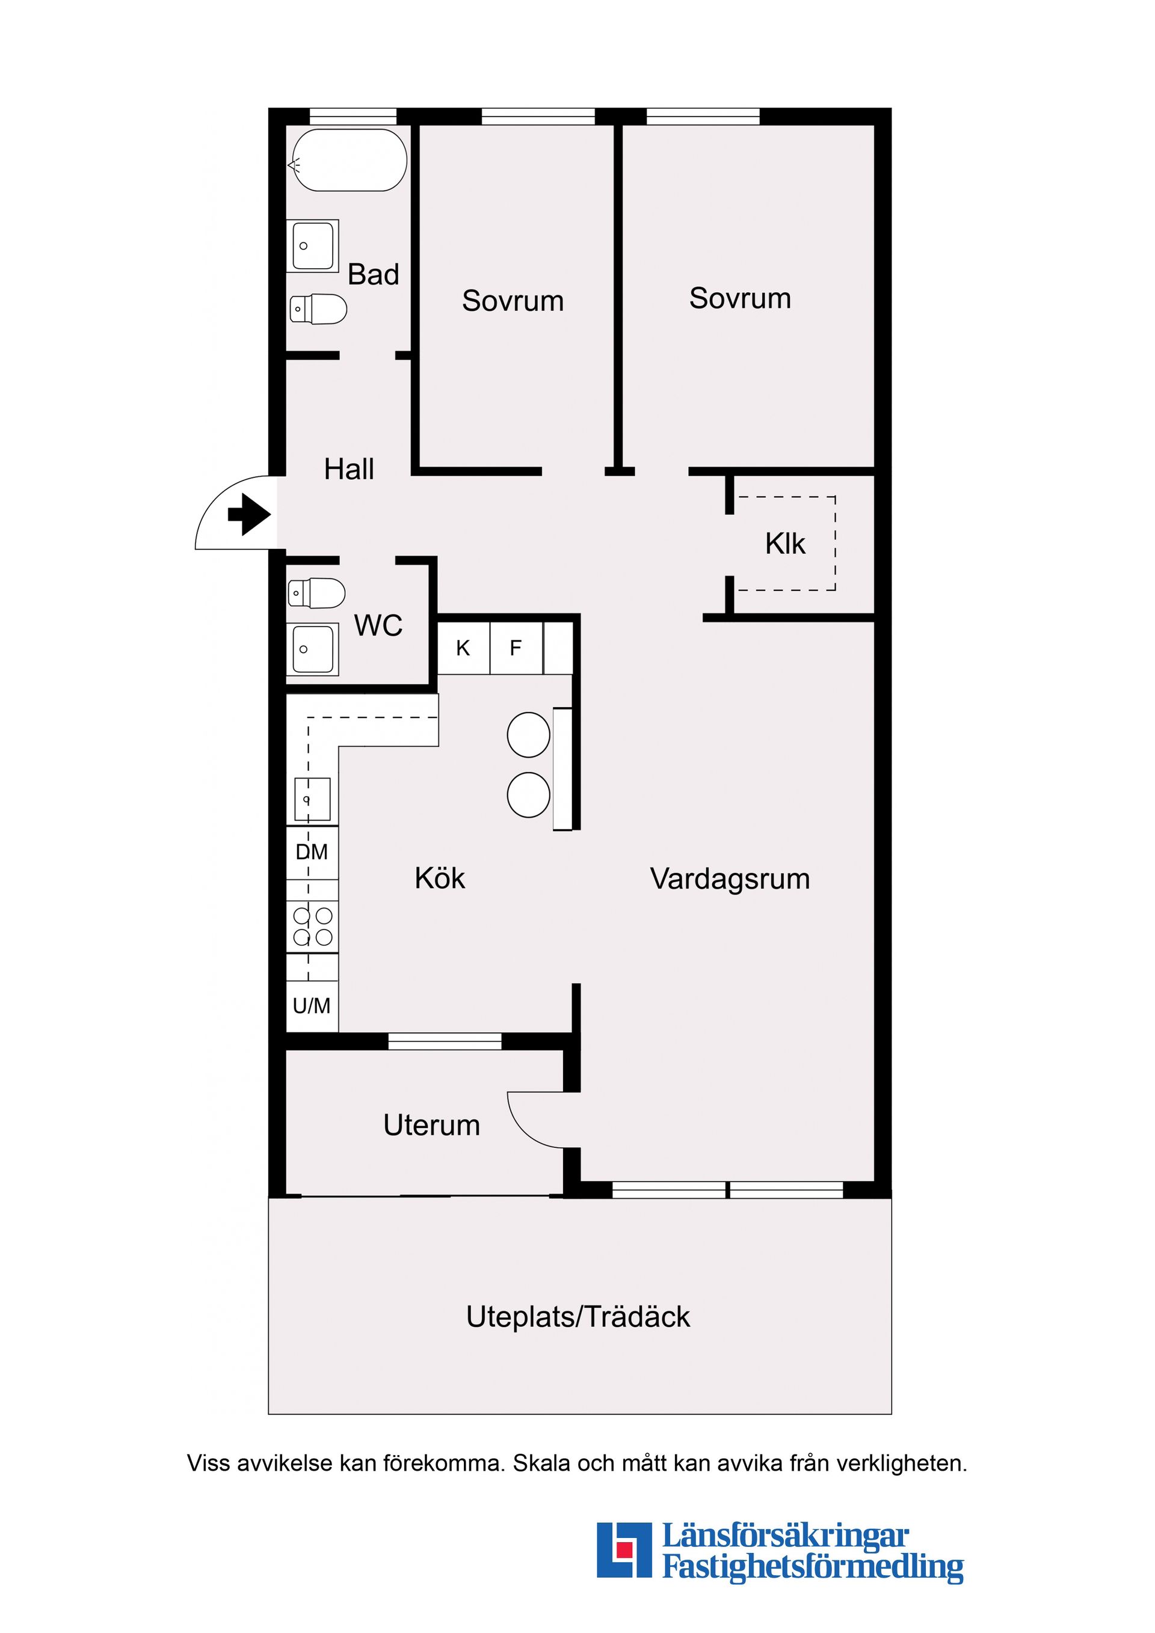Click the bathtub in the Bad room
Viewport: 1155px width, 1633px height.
click(349, 160)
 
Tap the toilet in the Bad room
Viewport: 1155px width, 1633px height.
click(319, 308)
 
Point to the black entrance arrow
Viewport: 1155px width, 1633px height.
click(248, 513)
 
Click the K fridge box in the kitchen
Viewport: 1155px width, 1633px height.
click(463, 648)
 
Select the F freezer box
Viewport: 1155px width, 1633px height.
click(516, 648)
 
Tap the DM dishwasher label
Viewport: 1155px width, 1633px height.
click(312, 851)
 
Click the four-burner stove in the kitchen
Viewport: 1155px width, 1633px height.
click(312, 926)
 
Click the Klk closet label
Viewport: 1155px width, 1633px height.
click(785, 544)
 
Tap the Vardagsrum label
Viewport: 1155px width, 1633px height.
click(730, 879)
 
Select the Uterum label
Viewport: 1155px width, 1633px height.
click(431, 1125)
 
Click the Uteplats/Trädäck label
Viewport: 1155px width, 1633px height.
click(578, 1317)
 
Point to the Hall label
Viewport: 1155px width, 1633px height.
click(349, 470)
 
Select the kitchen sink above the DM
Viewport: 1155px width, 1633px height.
click(312, 798)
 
